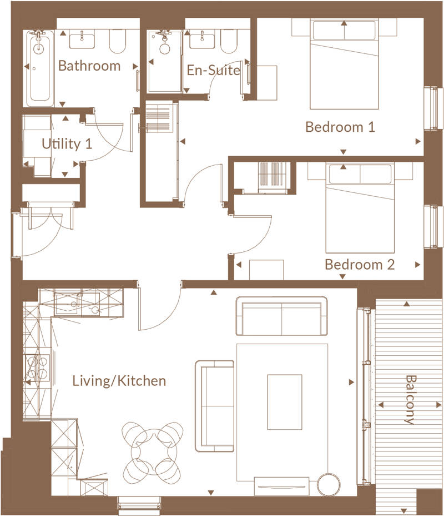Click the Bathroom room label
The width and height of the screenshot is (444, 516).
click(89, 66)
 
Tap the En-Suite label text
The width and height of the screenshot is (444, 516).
click(213, 71)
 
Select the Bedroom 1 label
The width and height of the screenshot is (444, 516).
click(340, 127)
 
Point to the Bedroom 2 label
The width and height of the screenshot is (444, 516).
click(360, 264)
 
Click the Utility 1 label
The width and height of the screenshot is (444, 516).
click(67, 144)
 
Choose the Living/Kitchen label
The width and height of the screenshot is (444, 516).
click(119, 381)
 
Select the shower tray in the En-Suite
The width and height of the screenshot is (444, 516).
click(165, 61)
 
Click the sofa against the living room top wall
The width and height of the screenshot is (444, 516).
click(281, 316)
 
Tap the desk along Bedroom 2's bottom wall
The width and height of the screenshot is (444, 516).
click(266, 270)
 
